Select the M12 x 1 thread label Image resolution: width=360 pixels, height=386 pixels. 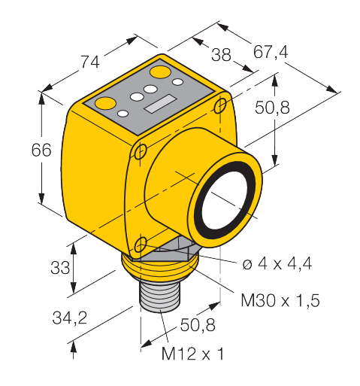pos(194,353)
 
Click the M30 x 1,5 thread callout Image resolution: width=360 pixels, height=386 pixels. pos(280,300)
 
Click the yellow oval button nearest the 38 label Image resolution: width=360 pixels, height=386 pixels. pos(160,72)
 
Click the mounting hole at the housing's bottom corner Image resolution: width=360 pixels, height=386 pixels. pos(142,245)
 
